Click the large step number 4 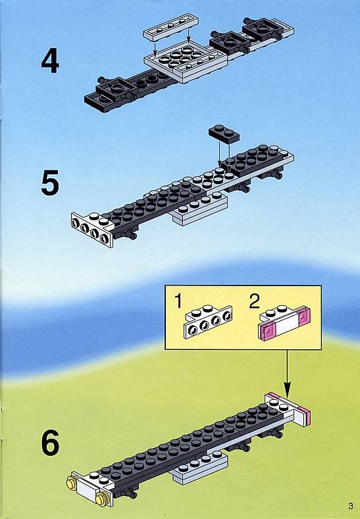(x=50, y=61)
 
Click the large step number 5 (x=50, y=182)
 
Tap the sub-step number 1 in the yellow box (x=178, y=301)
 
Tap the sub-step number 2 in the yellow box (x=254, y=301)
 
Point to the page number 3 (x=351, y=506)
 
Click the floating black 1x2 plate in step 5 (x=224, y=134)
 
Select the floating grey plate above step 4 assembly (x=171, y=28)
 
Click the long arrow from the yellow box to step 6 (x=287, y=374)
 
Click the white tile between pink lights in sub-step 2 (x=285, y=326)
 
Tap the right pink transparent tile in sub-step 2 (x=303, y=316)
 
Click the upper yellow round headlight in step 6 (x=71, y=483)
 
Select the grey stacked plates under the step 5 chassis (x=199, y=209)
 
